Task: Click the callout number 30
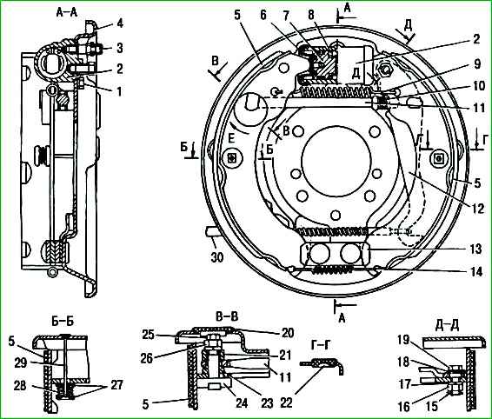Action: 216,257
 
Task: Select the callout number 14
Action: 476,272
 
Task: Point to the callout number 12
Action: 478,209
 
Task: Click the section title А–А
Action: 67,12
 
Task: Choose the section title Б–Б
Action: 63,322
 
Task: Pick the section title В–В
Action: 227,316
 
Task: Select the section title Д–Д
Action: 447,325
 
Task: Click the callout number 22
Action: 287,403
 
